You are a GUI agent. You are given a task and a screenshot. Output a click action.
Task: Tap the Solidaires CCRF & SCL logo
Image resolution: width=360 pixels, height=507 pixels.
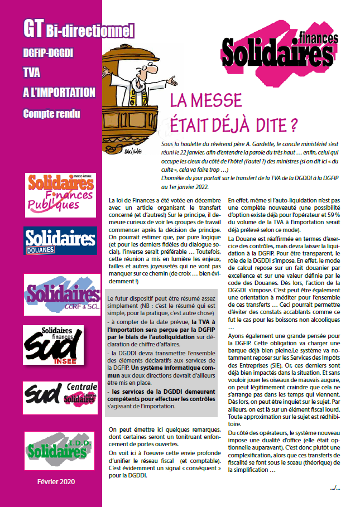click(62, 293)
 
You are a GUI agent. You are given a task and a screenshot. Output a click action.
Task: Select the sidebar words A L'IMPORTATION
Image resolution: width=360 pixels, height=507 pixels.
click(59, 93)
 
